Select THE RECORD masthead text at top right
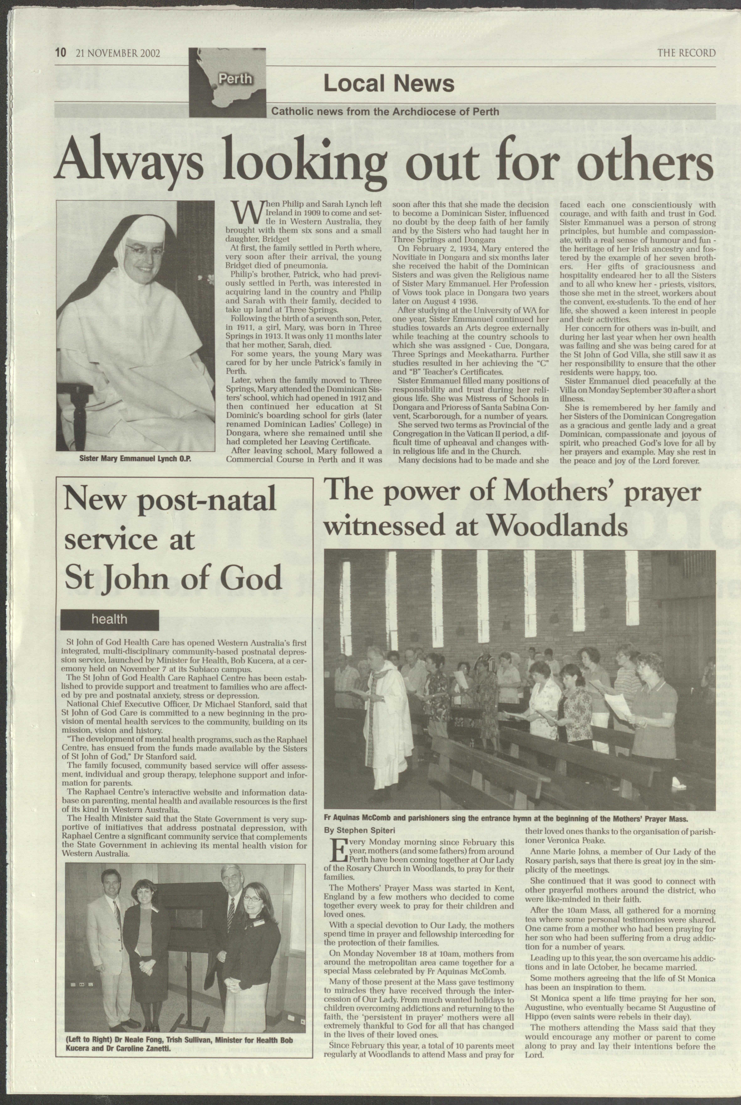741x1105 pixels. (x=686, y=53)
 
